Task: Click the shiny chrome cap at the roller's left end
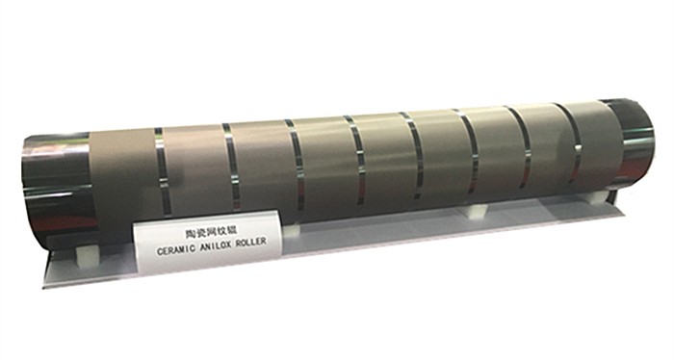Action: pyautogui.click(x=56, y=189)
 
